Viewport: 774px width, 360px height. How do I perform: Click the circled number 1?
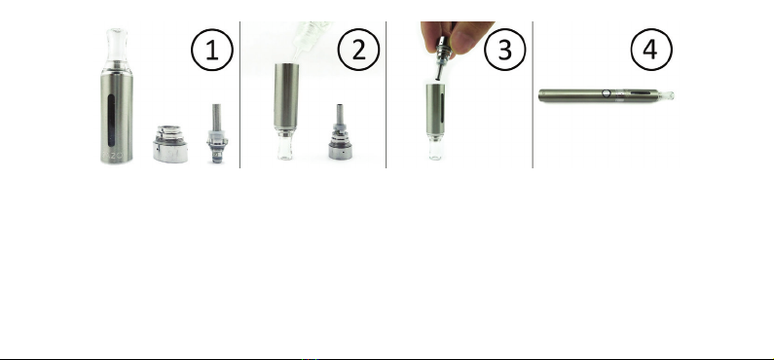(x=212, y=50)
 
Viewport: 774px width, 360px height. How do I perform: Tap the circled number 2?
(x=358, y=50)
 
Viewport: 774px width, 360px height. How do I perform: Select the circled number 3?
(x=505, y=50)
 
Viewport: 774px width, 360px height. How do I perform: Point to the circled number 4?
(x=651, y=50)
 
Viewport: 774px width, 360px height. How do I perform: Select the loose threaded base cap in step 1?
(x=170, y=144)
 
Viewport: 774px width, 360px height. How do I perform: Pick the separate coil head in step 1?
(x=217, y=133)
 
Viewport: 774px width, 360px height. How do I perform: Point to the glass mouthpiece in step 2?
(x=285, y=146)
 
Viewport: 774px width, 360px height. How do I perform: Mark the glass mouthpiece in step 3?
(x=435, y=147)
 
